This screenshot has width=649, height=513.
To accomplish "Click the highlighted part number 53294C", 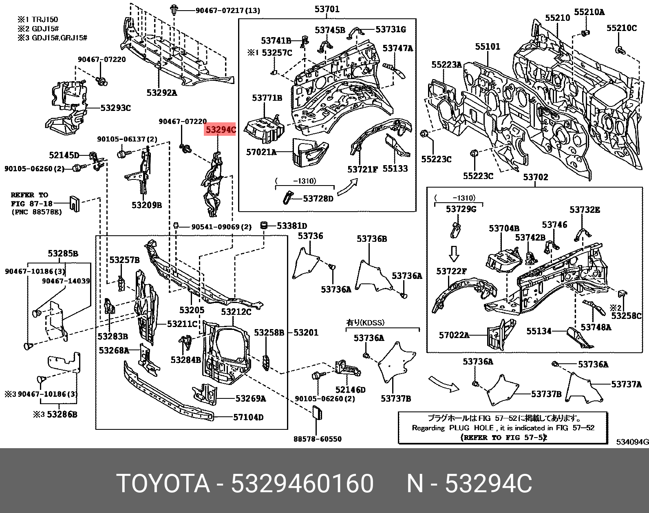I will [x=221, y=130].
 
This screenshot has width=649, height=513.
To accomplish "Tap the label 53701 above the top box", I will [x=327, y=9].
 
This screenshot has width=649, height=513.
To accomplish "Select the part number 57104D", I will [x=248, y=417].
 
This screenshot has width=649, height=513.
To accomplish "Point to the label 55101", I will [x=487, y=47].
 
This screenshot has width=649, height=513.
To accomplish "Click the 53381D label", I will [x=292, y=226].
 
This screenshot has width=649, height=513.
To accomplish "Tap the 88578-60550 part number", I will [x=318, y=439].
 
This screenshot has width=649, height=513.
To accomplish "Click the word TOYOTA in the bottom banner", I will [x=163, y=484].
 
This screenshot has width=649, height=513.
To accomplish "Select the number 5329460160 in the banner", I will [x=302, y=484].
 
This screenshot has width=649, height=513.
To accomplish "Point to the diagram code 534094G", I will [x=631, y=442].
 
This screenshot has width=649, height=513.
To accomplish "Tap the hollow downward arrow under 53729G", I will [x=453, y=253].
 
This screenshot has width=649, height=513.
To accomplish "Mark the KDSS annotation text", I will [x=365, y=322].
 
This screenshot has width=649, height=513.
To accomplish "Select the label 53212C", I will [x=236, y=312].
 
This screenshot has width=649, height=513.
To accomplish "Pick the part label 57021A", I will [x=261, y=152].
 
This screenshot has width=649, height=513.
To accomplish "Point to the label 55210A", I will [x=589, y=12].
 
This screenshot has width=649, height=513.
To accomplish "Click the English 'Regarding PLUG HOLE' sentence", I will [x=503, y=428].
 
